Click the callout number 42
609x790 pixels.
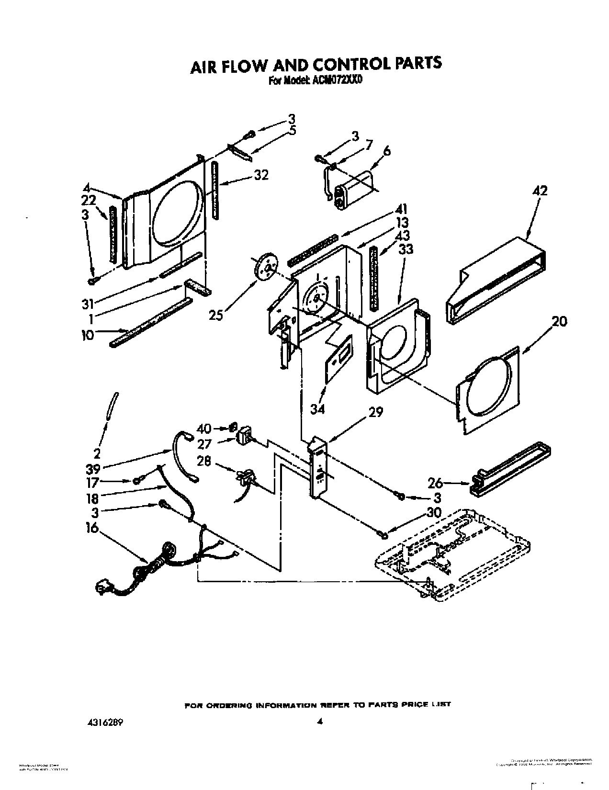(x=540, y=191)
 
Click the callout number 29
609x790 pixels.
(x=376, y=412)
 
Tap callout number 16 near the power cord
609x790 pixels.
(x=92, y=528)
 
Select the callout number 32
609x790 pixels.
(x=261, y=175)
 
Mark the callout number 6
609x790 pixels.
(x=386, y=151)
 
